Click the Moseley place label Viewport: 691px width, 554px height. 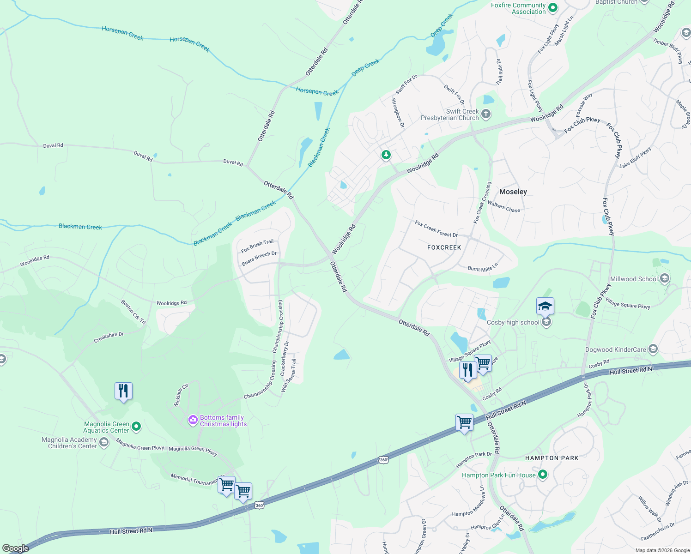click(x=513, y=192)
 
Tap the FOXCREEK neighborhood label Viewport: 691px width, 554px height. click(x=444, y=247)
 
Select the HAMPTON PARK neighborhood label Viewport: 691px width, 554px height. click(x=552, y=458)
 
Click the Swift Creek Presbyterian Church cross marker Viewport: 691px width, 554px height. click(x=485, y=114)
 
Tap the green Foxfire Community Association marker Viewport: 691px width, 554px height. click(x=552, y=8)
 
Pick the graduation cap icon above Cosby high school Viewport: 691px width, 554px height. click(x=545, y=306)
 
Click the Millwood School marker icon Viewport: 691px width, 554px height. click(x=665, y=278)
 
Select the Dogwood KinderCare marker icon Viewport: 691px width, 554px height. click(x=653, y=349)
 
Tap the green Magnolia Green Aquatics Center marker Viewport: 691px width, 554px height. click(x=136, y=427)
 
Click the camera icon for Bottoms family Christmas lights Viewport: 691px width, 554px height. click(x=193, y=420)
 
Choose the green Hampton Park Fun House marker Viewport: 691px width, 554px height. click(x=543, y=475)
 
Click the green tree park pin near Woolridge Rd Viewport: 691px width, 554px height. click(x=386, y=155)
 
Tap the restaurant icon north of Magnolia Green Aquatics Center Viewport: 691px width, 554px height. click(x=123, y=391)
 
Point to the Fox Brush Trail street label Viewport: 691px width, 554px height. click(x=257, y=246)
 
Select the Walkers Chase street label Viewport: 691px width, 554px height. click(x=503, y=206)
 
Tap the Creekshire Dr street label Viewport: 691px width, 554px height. click(x=109, y=337)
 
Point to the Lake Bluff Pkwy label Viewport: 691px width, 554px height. click(x=635, y=157)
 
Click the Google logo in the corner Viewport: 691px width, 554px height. click(x=15, y=548)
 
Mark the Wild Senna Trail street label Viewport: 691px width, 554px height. click(x=288, y=376)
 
